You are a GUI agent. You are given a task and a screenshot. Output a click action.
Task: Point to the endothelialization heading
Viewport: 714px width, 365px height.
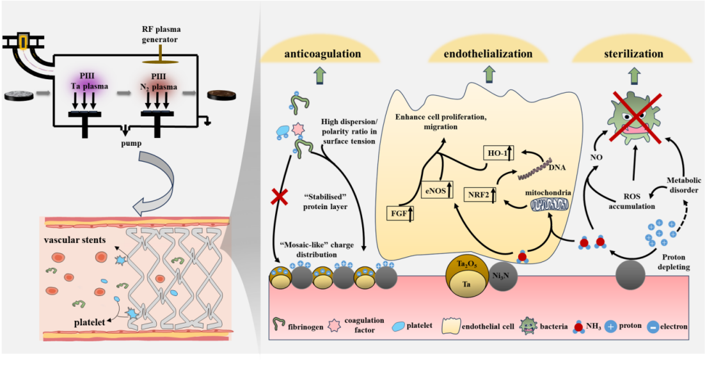pos(489,54)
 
